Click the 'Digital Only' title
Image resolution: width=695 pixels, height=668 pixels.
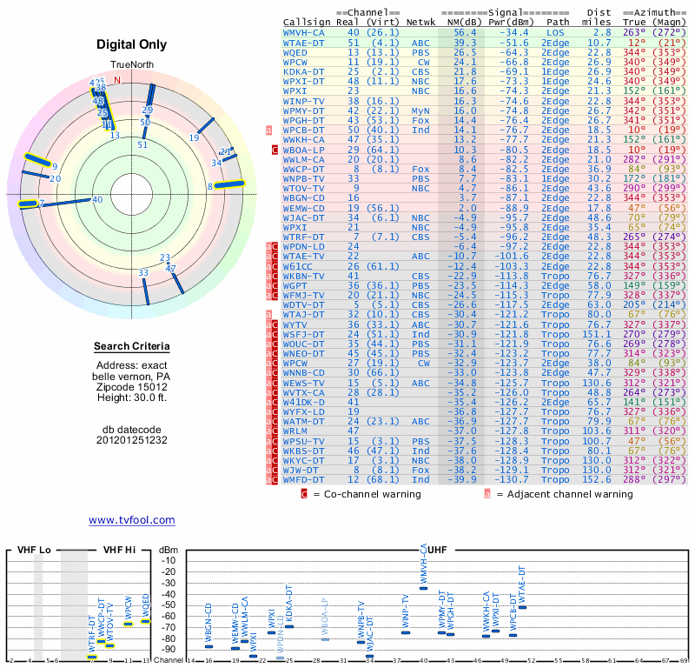tap(132, 44)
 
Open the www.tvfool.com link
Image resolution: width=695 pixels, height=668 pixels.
tap(132, 520)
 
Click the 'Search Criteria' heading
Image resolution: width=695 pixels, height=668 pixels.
tap(132, 347)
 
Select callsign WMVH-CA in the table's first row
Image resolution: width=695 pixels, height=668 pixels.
tap(304, 32)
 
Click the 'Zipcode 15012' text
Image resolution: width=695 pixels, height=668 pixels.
tap(132, 386)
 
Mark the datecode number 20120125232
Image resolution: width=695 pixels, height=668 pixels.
tap(132, 440)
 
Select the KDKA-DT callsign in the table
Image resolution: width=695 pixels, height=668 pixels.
tap(304, 71)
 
